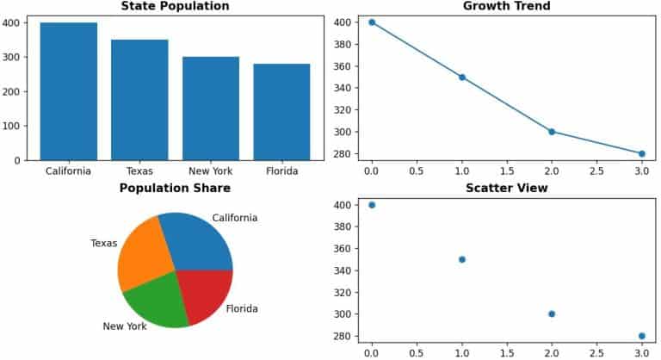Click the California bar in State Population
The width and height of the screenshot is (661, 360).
pos(68,90)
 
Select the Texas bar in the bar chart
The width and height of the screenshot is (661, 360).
pos(139,99)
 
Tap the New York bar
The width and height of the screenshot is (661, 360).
pos(211,108)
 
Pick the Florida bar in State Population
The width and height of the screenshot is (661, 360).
pos(281,111)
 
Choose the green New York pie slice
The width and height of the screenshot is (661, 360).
pos(157,303)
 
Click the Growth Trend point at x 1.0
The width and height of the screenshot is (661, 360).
pos(462,77)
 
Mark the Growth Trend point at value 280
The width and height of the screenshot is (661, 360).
pos(641,153)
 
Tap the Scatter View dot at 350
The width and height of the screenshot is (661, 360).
pos(462,259)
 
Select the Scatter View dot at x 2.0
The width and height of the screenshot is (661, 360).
pos(552,313)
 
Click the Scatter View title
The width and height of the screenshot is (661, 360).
pos(506,188)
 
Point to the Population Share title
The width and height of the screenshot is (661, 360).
pos(175,188)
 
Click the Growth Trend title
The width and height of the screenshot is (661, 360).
pos(506,6)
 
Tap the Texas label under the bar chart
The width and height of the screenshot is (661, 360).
pos(139,171)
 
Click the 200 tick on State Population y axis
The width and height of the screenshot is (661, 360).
pos(18,91)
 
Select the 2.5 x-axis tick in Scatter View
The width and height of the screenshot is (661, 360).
pos(596,351)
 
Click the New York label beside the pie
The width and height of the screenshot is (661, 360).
pos(125,326)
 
